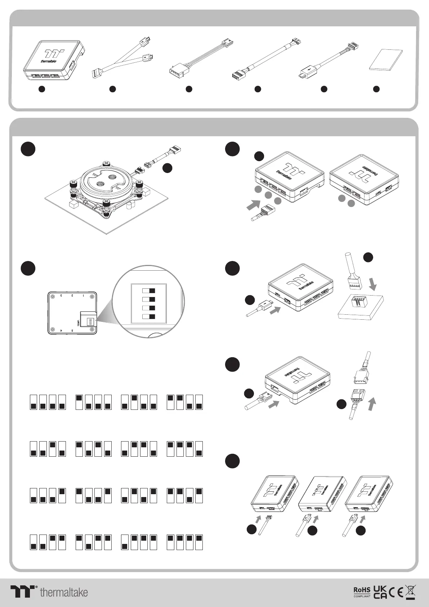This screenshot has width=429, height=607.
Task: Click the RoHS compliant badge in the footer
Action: [x=362, y=592]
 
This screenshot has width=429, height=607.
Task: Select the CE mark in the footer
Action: [x=396, y=592]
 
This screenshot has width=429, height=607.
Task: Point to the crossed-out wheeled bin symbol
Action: [x=410, y=592]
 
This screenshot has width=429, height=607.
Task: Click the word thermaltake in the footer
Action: [x=64, y=592]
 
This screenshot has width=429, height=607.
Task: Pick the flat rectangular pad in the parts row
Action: [x=386, y=60]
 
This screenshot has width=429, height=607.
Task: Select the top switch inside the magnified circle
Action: [x=149, y=291]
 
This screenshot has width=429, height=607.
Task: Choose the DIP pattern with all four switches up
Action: [x=185, y=542]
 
